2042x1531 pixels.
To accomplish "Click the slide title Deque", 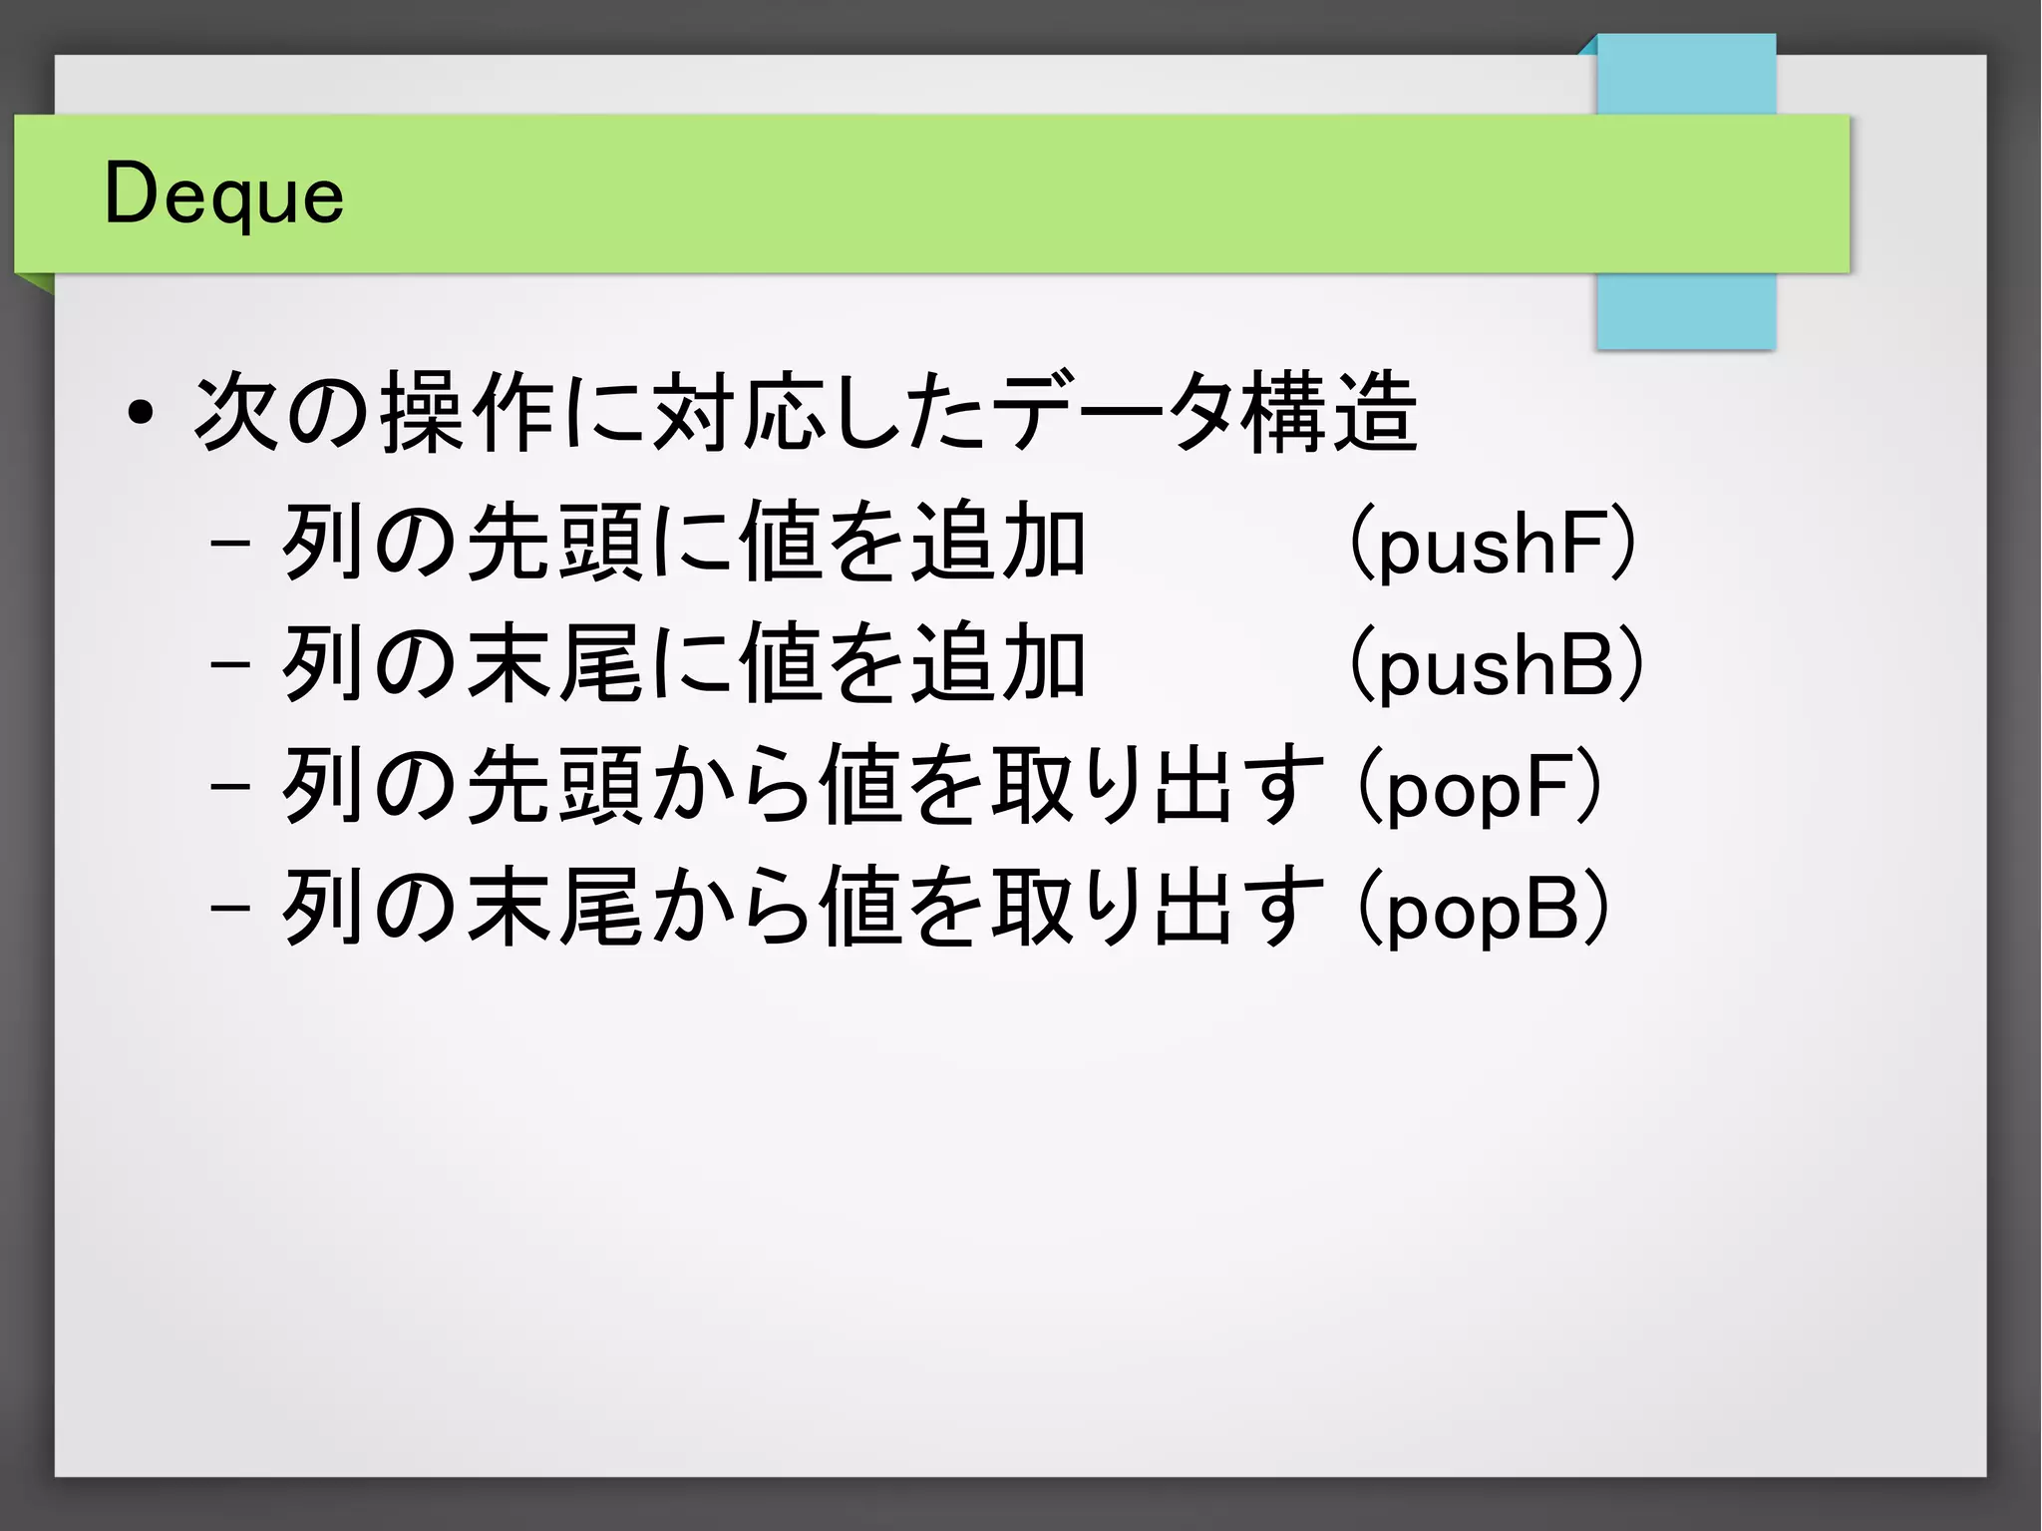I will pos(224,194).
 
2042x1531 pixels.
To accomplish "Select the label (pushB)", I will pos(1496,665).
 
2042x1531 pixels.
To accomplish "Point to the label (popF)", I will pos(1481,788).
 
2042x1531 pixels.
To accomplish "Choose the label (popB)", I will pos(1484,910).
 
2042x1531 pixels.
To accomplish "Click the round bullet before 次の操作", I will pos(141,413).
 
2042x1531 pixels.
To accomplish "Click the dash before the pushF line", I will pos(230,546).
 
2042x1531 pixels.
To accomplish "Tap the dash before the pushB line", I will pos(230,666).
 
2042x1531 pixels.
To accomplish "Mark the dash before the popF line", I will pos(230,788).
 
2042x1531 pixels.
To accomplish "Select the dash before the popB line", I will pos(230,910).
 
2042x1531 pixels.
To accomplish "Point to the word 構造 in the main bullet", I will pos(1328,413).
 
